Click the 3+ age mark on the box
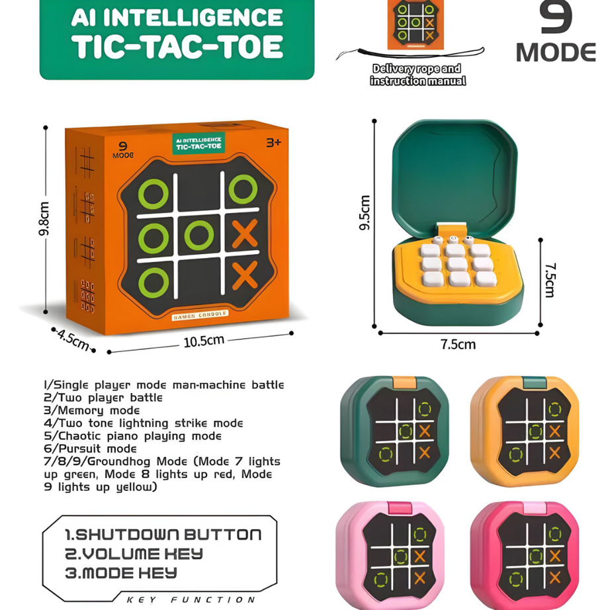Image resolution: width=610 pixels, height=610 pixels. click(273, 142)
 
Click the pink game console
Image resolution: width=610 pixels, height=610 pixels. click(394, 554)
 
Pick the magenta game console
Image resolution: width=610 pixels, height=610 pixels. click(524, 554)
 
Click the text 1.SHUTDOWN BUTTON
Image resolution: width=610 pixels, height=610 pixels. click(163, 535)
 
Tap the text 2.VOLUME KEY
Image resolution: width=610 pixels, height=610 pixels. click(134, 554)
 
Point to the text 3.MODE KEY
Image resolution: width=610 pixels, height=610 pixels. click(120, 573)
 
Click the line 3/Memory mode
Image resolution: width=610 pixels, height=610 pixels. click(92, 410)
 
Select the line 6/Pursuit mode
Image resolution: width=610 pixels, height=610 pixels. click(90, 449)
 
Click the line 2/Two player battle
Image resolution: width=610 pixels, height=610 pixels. click(103, 398)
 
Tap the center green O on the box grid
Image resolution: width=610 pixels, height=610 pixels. click(198, 235)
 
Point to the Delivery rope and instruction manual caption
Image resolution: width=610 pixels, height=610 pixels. click(417, 75)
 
